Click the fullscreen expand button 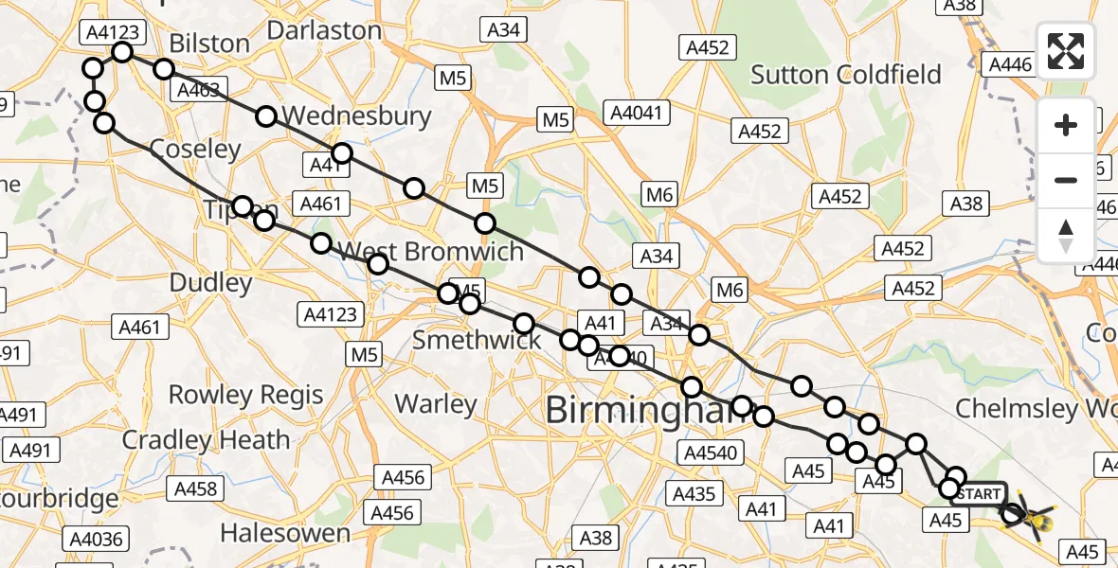click(1066, 50)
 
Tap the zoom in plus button click(1066, 125)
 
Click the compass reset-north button click(1066, 234)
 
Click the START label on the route click(978, 494)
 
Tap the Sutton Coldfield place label click(846, 75)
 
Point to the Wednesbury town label click(356, 116)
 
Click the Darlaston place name click(324, 30)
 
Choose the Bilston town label click(209, 44)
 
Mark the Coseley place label click(196, 150)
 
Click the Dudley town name click(210, 282)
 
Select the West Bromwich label click(431, 252)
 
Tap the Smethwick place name click(477, 341)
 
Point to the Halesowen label click(287, 534)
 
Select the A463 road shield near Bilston click(196, 91)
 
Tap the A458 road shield click(196, 489)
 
